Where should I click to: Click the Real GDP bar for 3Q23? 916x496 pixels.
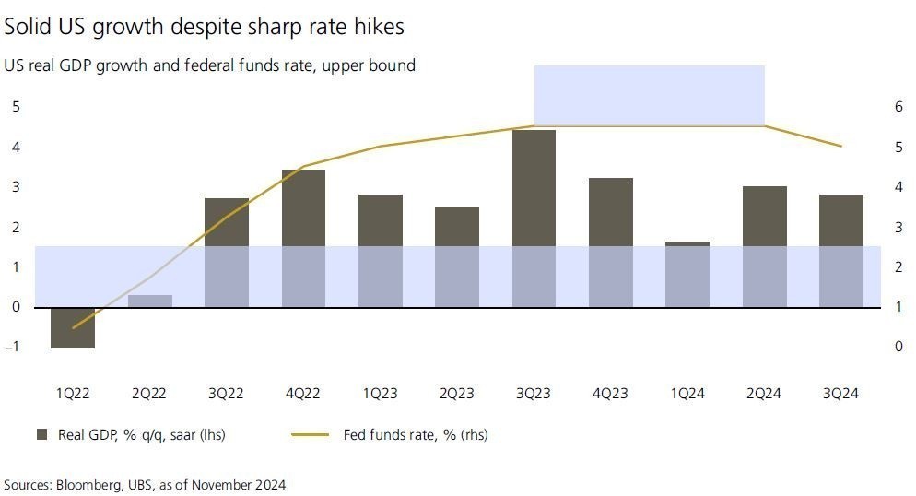click(534, 218)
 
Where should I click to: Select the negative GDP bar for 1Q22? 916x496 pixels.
click(73, 327)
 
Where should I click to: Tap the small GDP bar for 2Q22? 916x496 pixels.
click(149, 301)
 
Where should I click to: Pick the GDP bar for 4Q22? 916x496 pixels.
click(303, 238)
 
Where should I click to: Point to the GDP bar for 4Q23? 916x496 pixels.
click(610, 242)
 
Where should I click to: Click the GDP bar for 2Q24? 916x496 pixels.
click(764, 246)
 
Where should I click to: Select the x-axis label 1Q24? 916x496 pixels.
click(687, 394)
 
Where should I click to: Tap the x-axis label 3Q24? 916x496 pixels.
click(840, 394)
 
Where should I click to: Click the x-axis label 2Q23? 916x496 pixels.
click(456, 394)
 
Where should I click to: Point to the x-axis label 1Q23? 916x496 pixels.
click(380, 394)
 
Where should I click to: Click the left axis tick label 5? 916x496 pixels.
click(15, 107)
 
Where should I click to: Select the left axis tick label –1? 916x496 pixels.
click(13, 347)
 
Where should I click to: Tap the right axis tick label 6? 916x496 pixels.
click(898, 107)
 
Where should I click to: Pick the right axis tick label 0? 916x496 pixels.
click(898, 347)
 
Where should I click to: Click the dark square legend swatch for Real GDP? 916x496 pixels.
click(41, 435)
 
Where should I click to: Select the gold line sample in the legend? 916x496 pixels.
click(311, 435)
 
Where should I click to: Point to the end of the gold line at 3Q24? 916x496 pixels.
click(840, 146)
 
